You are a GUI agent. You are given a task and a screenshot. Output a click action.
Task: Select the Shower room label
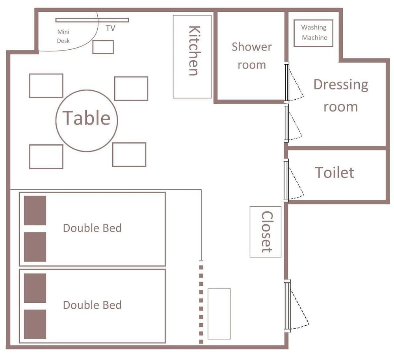tap(252, 56)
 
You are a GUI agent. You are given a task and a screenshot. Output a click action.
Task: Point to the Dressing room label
tap(341, 95)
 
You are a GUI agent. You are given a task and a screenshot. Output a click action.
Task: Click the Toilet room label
tap(335, 172)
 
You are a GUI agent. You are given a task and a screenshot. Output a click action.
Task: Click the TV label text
tap(111, 28)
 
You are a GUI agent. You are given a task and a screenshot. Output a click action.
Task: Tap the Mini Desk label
tap(63, 36)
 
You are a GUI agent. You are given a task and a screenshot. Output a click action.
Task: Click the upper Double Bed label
tap(92, 228)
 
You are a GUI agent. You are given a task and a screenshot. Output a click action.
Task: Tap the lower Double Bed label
tap(92, 305)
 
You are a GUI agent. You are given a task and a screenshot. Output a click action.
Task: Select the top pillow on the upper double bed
tap(35, 211)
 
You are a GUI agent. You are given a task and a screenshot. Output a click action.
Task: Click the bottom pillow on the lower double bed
tap(35, 324)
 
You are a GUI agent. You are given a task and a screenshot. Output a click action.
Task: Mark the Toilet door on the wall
tap(286, 181)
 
